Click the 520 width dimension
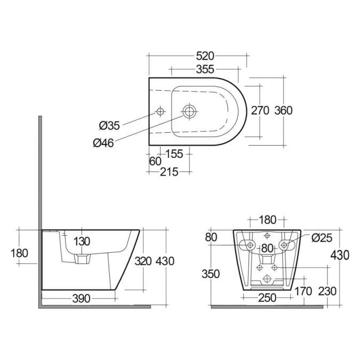point(205,55)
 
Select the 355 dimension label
point(205,69)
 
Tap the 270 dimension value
point(260,110)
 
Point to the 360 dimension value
point(283,110)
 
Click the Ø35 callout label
point(109,126)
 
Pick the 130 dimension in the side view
point(82,241)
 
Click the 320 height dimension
point(142,261)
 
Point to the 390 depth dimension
point(82,298)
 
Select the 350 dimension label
point(211,274)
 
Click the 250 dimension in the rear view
point(266,298)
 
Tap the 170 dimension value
point(303,291)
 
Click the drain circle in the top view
point(189,111)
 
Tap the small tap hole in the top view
point(159,111)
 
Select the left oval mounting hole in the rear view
point(247,245)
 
